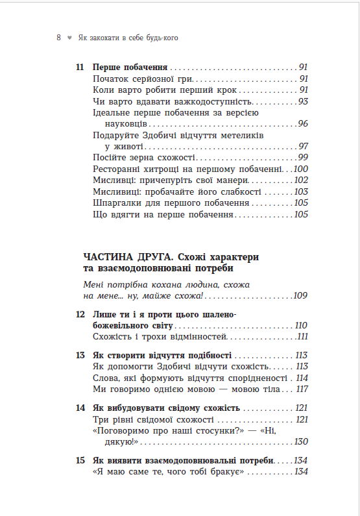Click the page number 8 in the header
click(59, 38)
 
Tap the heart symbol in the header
click(69, 38)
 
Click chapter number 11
click(80, 67)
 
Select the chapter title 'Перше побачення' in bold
click(130, 67)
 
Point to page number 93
click(303, 101)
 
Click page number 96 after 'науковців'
click(303, 124)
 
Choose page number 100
click(301, 169)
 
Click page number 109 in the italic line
click(300, 296)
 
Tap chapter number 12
click(80, 314)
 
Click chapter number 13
click(80, 355)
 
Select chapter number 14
click(80, 408)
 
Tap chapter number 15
click(80, 460)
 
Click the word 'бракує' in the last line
click(228, 471)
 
